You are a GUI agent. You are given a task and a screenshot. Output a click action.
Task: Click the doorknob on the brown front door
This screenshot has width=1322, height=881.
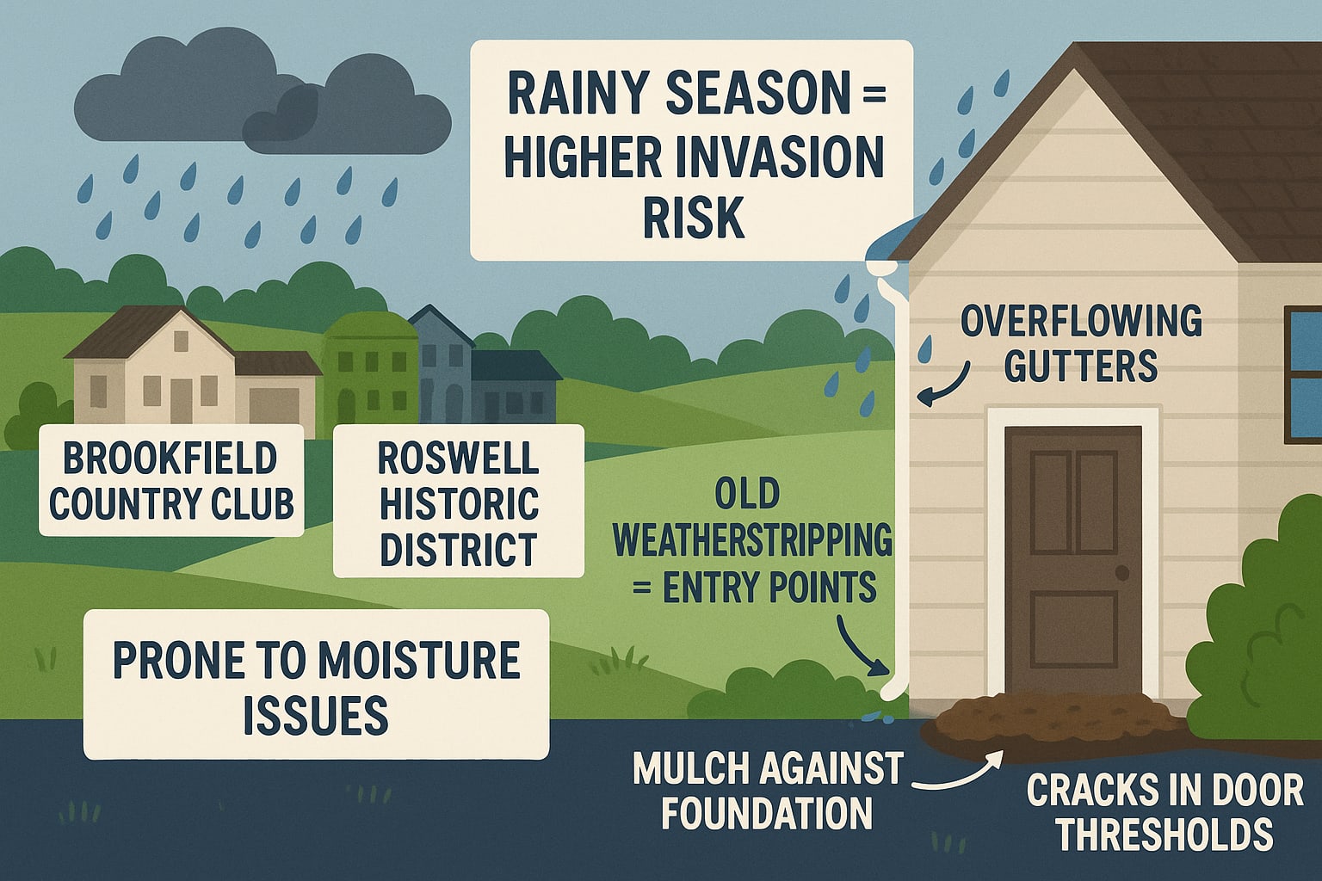(x=1121, y=573)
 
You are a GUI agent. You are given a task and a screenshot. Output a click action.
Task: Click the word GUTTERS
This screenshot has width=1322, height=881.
(x=1080, y=367)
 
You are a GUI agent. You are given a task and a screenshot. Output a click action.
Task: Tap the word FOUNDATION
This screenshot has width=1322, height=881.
(x=766, y=814)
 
